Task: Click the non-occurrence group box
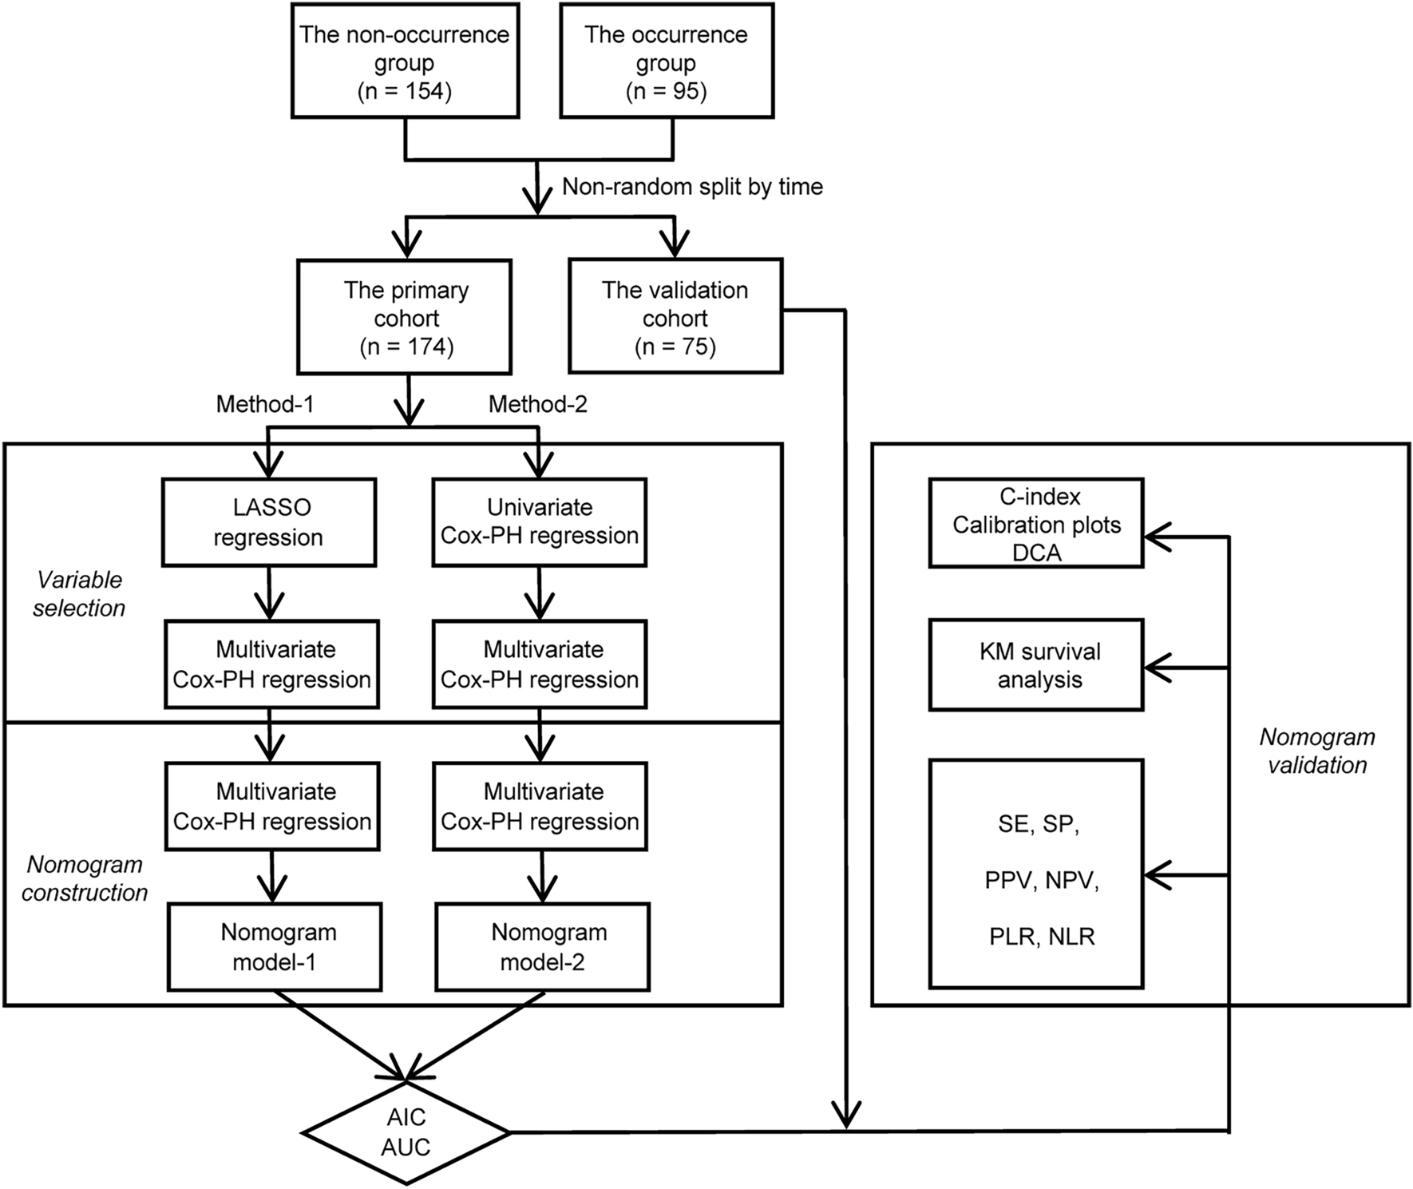(x=405, y=62)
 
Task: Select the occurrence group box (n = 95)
(x=666, y=62)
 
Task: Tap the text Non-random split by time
(x=691, y=187)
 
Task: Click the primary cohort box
(x=405, y=317)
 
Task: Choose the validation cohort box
(x=675, y=317)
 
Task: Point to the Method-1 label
(x=265, y=404)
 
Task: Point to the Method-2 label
(x=537, y=404)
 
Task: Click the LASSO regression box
(x=268, y=522)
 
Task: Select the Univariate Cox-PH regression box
(x=539, y=522)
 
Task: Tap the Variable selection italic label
(x=78, y=594)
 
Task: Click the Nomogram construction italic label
(x=84, y=878)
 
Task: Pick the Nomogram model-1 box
(x=274, y=947)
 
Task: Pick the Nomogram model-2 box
(x=542, y=947)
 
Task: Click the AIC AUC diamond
(x=406, y=1132)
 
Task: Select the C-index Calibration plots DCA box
(x=1036, y=524)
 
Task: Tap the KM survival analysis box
(x=1036, y=665)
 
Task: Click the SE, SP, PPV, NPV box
(x=1036, y=874)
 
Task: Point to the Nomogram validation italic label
(x=1317, y=751)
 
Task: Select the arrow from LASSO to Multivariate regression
(x=269, y=595)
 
